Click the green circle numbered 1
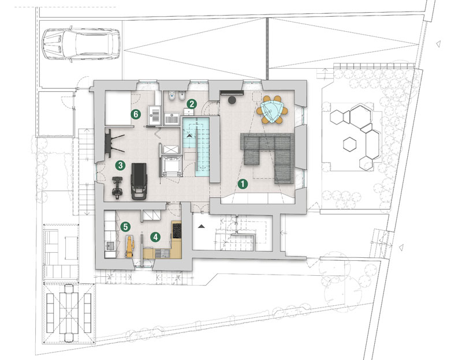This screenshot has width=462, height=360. [243, 184]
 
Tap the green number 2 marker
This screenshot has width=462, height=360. [192, 104]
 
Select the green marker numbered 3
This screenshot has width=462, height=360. [120, 165]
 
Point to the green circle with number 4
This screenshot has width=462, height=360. [155, 237]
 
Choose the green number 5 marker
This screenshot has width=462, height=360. [125, 227]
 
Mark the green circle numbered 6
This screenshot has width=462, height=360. [136, 114]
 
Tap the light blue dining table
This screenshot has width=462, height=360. [272, 110]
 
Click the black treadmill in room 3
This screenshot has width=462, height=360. [139, 181]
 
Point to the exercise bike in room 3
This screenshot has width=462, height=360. [117, 188]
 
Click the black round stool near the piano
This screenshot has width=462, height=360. [232, 100]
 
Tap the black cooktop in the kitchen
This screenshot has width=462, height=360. [177, 231]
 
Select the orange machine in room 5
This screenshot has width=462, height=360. [129, 246]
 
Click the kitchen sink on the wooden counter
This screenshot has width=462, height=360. [161, 253]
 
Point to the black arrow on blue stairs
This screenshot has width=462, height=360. [189, 136]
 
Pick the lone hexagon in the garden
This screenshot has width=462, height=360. [350, 144]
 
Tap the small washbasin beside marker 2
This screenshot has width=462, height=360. [189, 111]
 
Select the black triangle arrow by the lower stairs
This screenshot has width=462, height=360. [201, 226]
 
